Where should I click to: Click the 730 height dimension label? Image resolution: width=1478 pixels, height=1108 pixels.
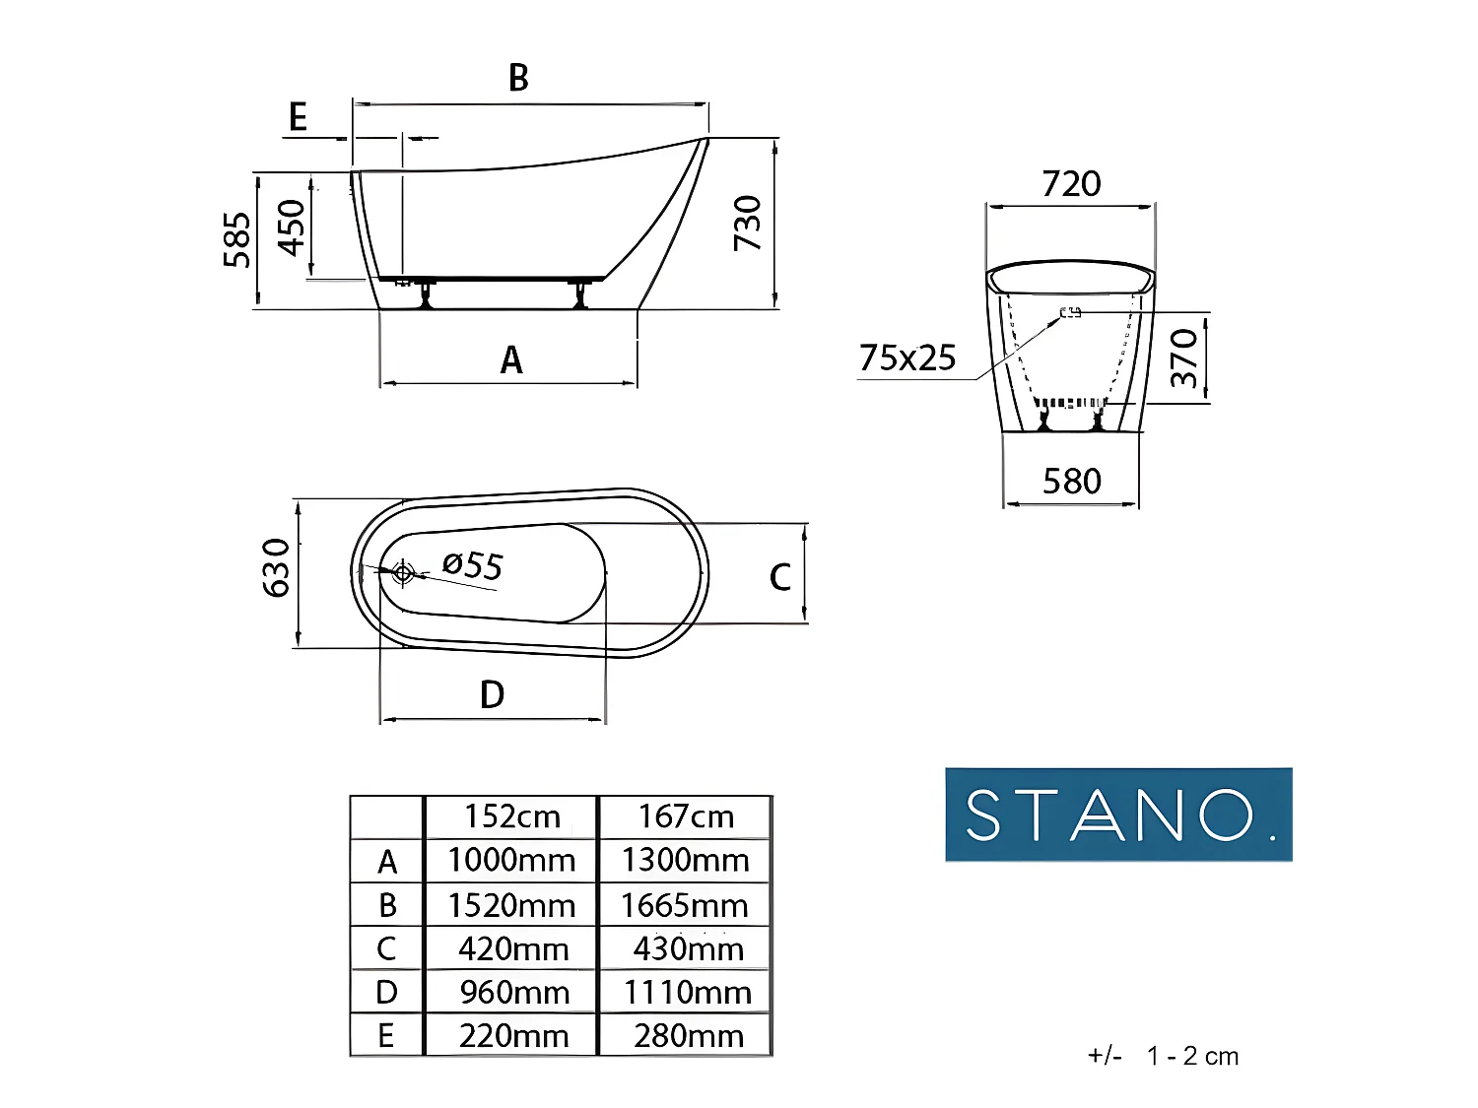(x=748, y=223)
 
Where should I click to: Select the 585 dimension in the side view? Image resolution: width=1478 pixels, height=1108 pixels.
(x=236, y=239)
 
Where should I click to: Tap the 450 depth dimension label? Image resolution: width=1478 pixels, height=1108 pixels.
(x=292, y=228)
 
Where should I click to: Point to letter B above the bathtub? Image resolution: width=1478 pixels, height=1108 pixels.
(x=518, y=78)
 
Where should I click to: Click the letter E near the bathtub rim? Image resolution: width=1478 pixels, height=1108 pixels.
(x=298, y=117)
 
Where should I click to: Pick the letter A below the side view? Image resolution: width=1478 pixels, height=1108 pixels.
(x=510, y=360)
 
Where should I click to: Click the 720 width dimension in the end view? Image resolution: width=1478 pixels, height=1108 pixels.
(x=1071, y=184)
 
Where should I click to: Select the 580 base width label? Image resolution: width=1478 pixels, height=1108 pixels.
(x=1071, y=482)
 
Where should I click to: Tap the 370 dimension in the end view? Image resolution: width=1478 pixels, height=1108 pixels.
(x=1184, y=358)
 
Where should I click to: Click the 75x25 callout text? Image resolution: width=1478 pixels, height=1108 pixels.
(x=907, y=358)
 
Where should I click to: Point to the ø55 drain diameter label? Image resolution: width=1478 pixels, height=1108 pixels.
(x=473, y=565)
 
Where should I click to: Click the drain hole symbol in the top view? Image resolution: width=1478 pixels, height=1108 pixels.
(x=403, y=571)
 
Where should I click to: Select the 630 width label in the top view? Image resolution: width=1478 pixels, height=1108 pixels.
(x=277, y=568)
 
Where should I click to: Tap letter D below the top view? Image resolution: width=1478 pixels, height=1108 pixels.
(x=492, y=695)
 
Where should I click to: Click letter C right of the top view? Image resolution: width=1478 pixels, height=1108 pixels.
(x=779, y=577)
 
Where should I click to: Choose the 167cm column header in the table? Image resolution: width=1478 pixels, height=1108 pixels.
(x=686, y=816)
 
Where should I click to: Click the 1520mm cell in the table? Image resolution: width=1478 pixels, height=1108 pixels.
(x=511, y=905)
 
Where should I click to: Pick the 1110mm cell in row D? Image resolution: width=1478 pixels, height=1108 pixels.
(x=687, y=993)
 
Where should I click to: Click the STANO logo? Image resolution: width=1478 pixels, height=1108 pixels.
(x=1118, y=815)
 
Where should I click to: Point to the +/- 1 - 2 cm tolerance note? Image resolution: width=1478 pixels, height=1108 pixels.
(x=1163, y=1057)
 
